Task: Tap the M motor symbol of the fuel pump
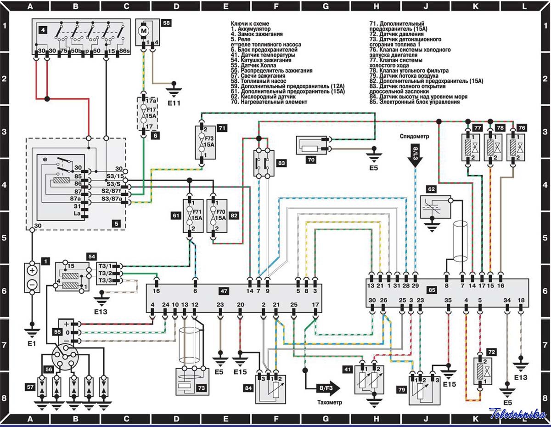pos(144,31)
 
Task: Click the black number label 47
pos(224,291)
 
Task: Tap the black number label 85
pos(444,290)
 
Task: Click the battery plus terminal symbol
pos(32,270)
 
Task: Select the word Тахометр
pos(329,402)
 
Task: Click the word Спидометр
pos(415,137)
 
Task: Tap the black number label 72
pos(492,352)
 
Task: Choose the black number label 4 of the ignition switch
pos(42,30)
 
